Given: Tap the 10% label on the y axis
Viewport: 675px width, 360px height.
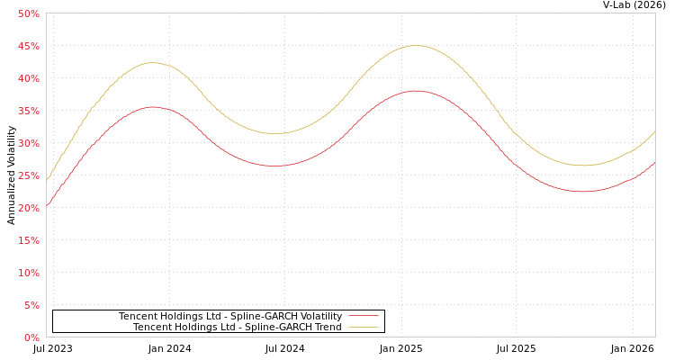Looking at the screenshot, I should (x=29, y=273).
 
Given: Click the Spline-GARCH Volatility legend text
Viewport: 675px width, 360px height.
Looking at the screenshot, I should (x=230, y=317).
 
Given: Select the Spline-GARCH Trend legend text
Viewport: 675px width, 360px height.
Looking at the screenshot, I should (x=238, y=328).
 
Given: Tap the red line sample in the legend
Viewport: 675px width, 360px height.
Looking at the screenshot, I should (x=363, y=317).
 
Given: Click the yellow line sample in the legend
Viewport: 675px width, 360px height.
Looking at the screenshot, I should (x=363, y=328).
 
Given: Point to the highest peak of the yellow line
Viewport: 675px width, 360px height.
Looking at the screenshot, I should (x=415, y=45).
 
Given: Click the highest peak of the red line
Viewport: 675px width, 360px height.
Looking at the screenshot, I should (x=416, y=90).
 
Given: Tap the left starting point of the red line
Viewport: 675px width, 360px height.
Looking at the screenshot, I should (x=47, y=205).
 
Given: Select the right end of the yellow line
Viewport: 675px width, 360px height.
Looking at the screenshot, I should (x=654, y=132).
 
